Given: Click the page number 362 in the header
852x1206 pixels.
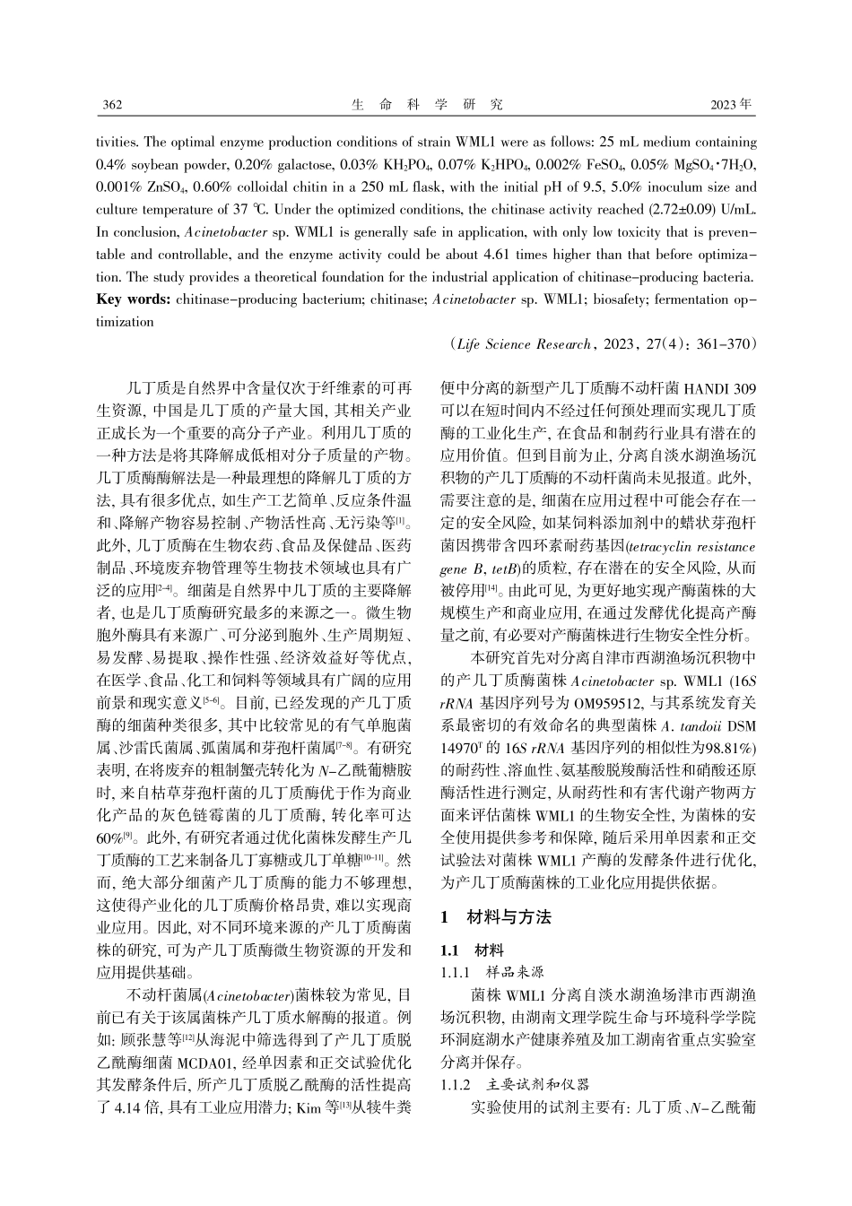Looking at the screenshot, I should [x=112, y=104].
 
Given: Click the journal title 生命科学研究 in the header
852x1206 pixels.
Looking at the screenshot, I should [x=427, y=104].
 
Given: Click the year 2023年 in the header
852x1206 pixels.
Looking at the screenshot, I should [x=731, y=104].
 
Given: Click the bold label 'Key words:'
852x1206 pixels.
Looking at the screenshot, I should [x=133, y=298].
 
